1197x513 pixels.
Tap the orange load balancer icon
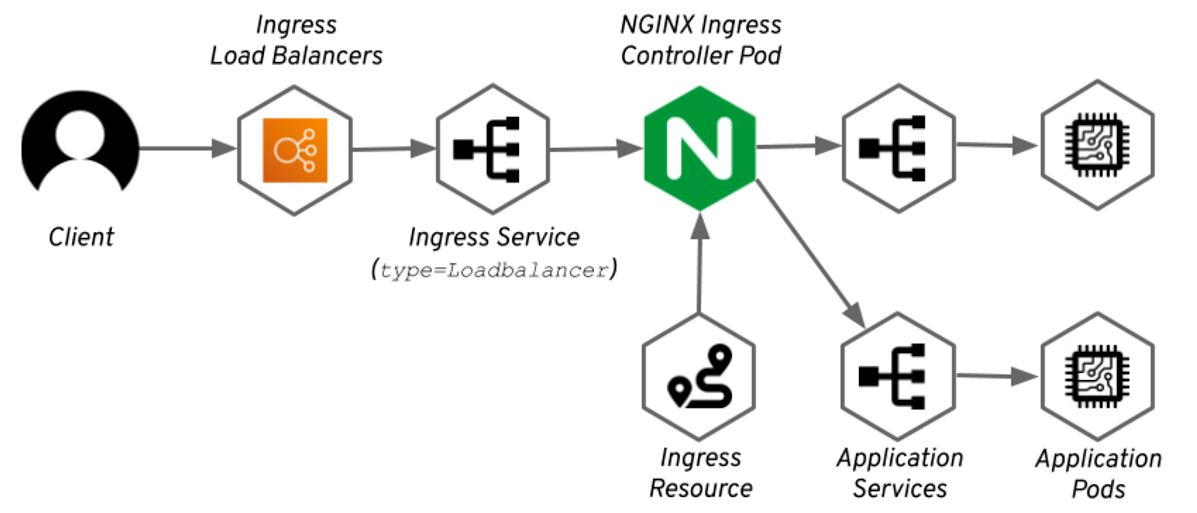pyautogui.click(x=295, y=150)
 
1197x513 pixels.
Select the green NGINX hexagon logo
pyautogui.click(x=699, y=149)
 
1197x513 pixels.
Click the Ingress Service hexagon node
pyautogui.click(x=493, y=150)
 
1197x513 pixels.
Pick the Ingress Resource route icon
pyautogui.click(x=699, y=376)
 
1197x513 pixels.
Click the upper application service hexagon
pyautogui.click(x=898, y=148)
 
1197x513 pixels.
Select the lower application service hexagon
pyautogui.click(x=898, y=376)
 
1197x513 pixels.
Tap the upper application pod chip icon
pyautogui.click(x=1097, y=145)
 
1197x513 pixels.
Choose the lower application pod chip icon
pyautogui.click(x=1097, y=376)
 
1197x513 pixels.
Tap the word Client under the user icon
pyautogui.click(x=81, y=237)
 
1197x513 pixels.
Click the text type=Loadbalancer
pyautogui.click(x=494, y=271)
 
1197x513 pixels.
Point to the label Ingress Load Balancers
pyautogui.click(x=296, y=41)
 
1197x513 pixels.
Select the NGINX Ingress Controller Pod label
pyautogui.click(x=701, y=41)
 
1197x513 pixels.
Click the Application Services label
pyautogui.click(x=900, y=473)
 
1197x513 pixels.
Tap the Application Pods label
pyautogui.click(x=1098, y=474)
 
